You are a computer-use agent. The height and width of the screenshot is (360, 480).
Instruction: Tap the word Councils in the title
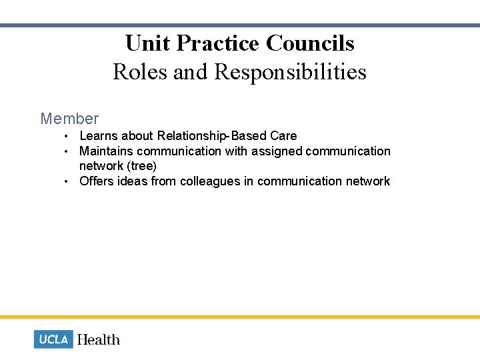click(x=310, y=43)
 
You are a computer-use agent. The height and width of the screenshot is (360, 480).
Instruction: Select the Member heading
click(x=69, y=119)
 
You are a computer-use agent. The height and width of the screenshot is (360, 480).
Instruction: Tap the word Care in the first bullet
click(x=284, y=136)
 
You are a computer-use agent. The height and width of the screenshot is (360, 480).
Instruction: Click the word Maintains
click(x=107, y=151)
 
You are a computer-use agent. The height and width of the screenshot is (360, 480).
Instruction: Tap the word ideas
click(x=134, y=181)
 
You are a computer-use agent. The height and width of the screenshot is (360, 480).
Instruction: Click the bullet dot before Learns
click(x=67, y=137)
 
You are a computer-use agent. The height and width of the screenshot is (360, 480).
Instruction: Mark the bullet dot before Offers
click(x=67, y=181)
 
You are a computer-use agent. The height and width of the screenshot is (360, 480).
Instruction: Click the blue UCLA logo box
click(x=53, y=339)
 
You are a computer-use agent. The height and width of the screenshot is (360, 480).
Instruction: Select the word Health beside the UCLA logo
click(x=99, y=339)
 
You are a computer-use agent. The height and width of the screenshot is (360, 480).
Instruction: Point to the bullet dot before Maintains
click(x=67, y=151)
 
